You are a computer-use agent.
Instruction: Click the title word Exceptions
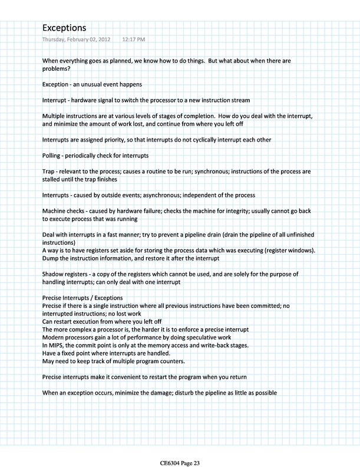coord(64,28)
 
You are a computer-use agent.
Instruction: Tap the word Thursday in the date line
coord(54,40)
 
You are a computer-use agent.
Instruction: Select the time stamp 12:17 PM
coord(133,40)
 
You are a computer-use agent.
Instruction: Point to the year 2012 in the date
coord(107,40)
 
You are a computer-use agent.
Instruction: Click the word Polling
coord(54,155)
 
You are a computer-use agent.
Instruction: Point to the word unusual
coord(97,83)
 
